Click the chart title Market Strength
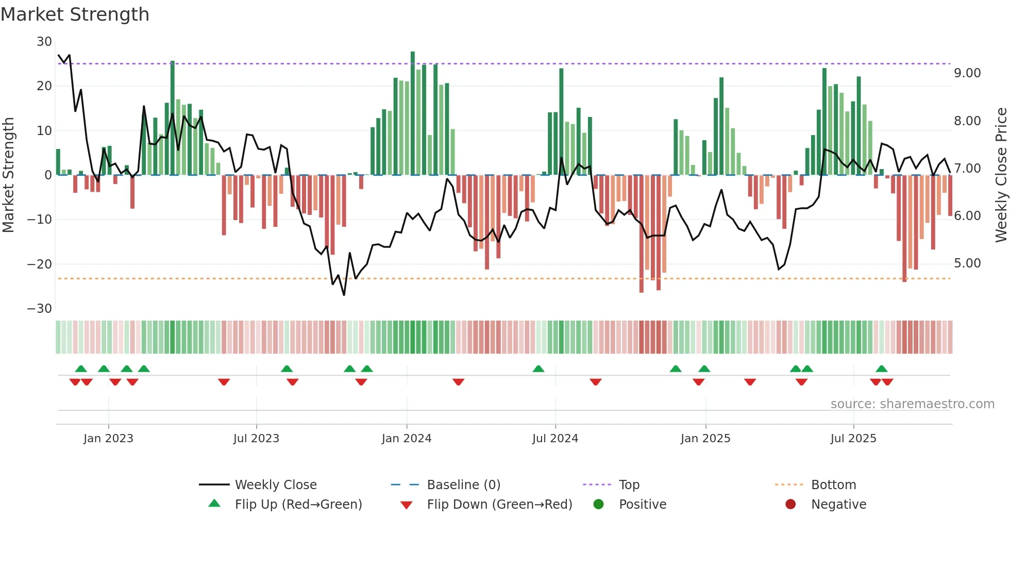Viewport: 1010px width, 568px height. click(75, 14)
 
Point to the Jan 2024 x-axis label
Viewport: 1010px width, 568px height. click(407, 439)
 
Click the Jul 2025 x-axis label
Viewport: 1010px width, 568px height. click(853, 439)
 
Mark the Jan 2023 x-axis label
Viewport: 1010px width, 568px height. click(108, 439)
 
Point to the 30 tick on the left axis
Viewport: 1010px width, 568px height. click(44, 42)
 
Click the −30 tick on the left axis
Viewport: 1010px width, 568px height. click(40, 309)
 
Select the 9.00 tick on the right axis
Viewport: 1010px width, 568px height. click(967, 73)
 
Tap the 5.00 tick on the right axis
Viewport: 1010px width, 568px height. click(967, 263)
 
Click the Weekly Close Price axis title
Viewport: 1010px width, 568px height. click(1001, 175)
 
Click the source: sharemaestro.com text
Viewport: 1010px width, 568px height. click(912, 404)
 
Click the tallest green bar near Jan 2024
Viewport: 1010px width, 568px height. click(413, 113)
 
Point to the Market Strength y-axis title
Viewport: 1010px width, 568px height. click(9, 175)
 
